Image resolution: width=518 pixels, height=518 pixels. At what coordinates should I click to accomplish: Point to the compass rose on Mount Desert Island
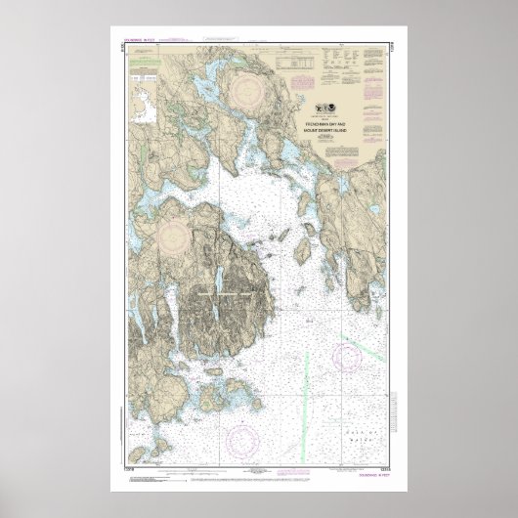(175, 236)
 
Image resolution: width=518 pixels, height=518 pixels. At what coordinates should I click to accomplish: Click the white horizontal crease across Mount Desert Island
(225, 290)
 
